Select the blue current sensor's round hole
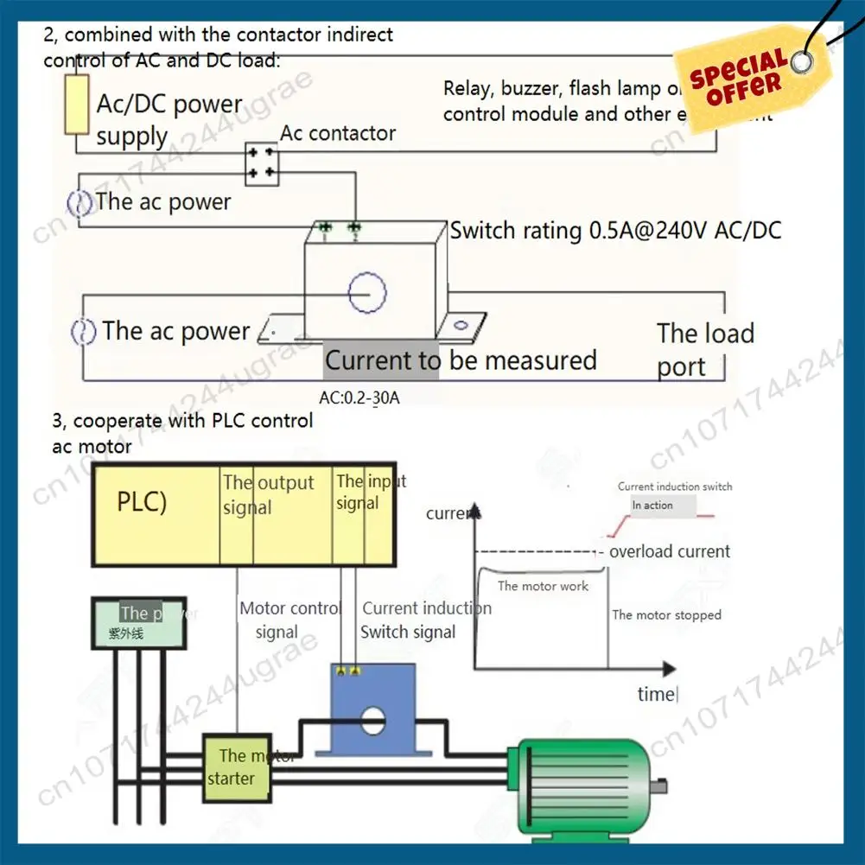tap(372, 719)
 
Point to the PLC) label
tap(142, 502)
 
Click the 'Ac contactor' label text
tap(337, 133)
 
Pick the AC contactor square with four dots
tap(262, 163)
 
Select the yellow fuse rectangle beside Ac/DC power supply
tap(77, 104)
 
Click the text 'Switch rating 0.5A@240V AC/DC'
tap(615, 231)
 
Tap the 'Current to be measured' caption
tap(461, 360)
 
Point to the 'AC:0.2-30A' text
tap(359, 398)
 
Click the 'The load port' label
tap(704, 349)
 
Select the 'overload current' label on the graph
tap(670, 551)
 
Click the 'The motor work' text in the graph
tap(543, 586)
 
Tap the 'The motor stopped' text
tap(666, 614)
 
